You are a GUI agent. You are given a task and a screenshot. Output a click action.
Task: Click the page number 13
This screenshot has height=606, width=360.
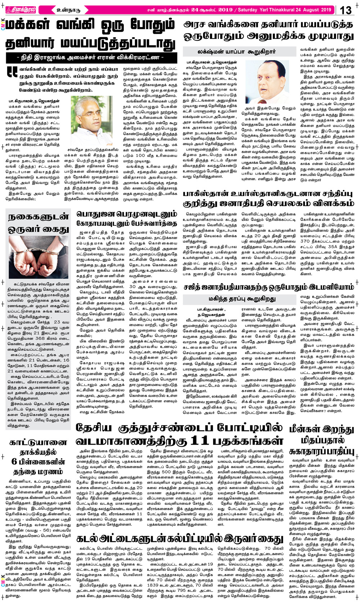tap(346, 10)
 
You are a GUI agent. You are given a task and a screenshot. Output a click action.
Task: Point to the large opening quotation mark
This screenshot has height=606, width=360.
tap(12, 72)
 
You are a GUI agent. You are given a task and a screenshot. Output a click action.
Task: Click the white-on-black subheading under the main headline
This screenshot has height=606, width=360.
tap(90, 57)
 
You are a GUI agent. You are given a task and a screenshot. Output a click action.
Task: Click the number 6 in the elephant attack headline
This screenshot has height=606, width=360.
tap(14, 462)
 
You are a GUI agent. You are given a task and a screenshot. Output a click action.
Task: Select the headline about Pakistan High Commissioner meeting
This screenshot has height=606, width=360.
tap(268, 199)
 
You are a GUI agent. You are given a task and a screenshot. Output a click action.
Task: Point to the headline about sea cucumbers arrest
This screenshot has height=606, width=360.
tap(180, 539)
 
